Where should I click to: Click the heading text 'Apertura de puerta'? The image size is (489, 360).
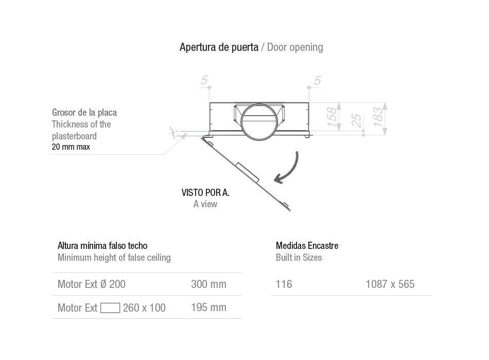219,47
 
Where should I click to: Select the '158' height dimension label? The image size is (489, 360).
333,117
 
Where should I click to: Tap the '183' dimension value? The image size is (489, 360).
378,117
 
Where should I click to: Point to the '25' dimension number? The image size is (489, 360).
356,121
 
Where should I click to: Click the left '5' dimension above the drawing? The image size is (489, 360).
204,80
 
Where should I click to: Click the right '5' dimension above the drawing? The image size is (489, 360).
317,80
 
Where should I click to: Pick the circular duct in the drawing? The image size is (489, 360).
259,121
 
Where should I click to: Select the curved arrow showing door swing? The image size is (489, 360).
289,168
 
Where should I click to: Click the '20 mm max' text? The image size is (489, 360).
71,147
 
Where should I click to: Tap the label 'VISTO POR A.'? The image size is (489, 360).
205,193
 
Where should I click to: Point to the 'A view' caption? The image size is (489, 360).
205,204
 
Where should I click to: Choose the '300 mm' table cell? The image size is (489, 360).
208,284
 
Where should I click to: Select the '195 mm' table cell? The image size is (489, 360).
208,308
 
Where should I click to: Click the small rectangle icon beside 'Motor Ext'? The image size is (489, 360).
110,308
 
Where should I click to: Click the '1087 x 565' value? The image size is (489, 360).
390,284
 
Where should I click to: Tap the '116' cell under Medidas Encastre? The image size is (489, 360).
284,284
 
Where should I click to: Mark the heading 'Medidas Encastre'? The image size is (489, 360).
307,246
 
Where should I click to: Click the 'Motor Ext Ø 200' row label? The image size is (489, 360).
91,284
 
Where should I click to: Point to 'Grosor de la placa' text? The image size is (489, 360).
84,113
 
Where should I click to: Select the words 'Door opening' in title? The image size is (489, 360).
295,47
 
